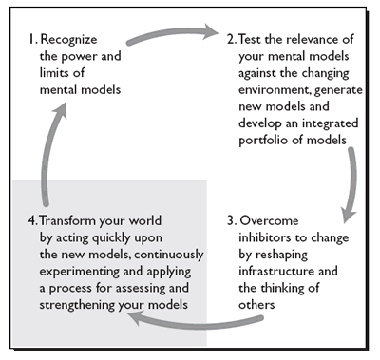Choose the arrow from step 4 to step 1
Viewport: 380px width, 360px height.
pyautogui.click(x=43, y=152)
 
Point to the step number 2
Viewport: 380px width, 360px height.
pyautogui.click(x=231, y=41)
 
